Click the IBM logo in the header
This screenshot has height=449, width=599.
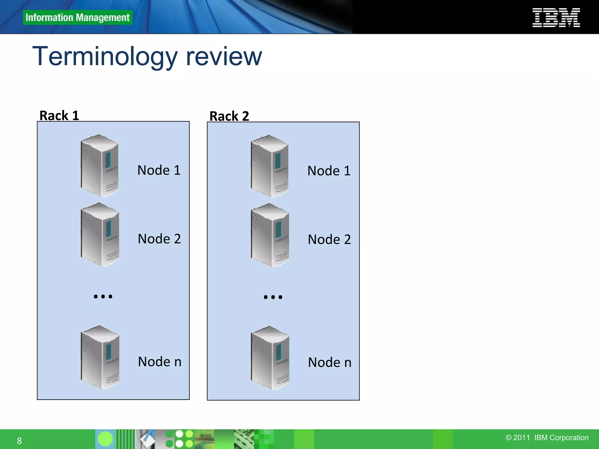[x=556, y=18]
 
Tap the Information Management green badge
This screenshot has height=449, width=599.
[x=78, y=18]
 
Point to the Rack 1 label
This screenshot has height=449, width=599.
[x=59, y=115]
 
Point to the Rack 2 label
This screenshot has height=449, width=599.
[x=229, y=116]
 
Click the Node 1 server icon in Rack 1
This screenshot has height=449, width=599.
[x=99, y=165]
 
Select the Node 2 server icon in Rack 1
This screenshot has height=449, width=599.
[x=100, y=234]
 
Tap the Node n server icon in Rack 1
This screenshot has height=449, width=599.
[x=100, y=357]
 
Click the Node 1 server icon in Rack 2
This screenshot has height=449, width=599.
[x=270, y=166]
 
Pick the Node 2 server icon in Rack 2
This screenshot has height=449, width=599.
[x=270, y=235]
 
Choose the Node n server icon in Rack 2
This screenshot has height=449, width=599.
[x=270, y=358]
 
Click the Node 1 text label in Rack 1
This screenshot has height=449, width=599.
[x=159, y=170]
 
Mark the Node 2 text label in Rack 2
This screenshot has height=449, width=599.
[x=329, y=239]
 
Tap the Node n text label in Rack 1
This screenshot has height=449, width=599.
[x=159, y=362]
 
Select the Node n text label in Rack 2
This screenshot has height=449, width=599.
[x=329, y=362]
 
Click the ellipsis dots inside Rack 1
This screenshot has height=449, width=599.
[x=103, y=296]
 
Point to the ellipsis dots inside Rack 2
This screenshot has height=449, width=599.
[x=273, y=297]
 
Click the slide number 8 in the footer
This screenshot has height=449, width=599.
[x=19, y=441]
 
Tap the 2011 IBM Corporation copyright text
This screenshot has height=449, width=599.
[x=547, y=438]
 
